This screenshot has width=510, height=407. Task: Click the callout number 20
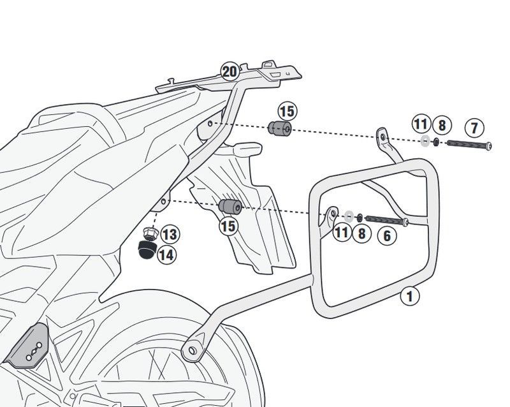click(230, 71)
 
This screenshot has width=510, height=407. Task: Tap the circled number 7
click(472, 127)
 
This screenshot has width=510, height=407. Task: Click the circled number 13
click(170, 235)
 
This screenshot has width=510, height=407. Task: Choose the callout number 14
click(166, 255)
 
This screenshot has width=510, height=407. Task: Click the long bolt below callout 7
click(469, 145)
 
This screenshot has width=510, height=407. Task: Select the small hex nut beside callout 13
click(150, 232)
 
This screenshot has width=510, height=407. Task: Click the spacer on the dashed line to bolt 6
click(229, 207)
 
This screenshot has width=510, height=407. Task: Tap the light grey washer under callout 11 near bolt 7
click(424, 141)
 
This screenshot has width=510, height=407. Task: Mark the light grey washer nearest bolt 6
click(348, 215)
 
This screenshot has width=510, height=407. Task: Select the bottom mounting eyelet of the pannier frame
click(189, 350)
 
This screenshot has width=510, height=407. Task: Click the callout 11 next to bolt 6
click(342, 232)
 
